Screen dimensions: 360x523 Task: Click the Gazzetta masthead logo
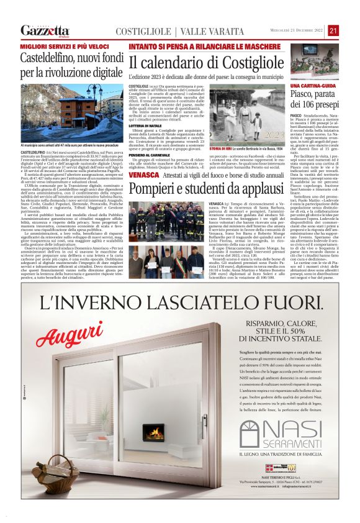45,30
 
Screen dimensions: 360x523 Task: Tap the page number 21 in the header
333,30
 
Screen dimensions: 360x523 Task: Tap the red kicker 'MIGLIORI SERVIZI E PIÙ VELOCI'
58,47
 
